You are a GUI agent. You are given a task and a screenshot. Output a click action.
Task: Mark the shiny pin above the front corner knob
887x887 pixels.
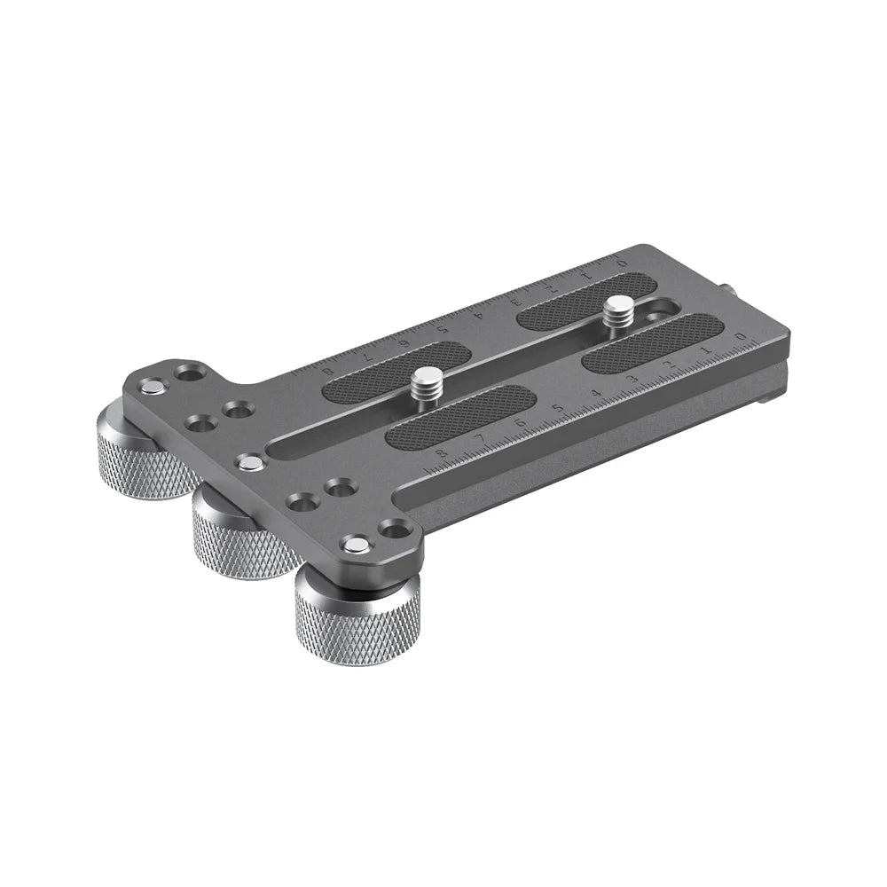[x=356, y=544]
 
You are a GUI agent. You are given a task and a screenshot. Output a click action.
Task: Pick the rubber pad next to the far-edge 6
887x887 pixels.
[x=390, y=372]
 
